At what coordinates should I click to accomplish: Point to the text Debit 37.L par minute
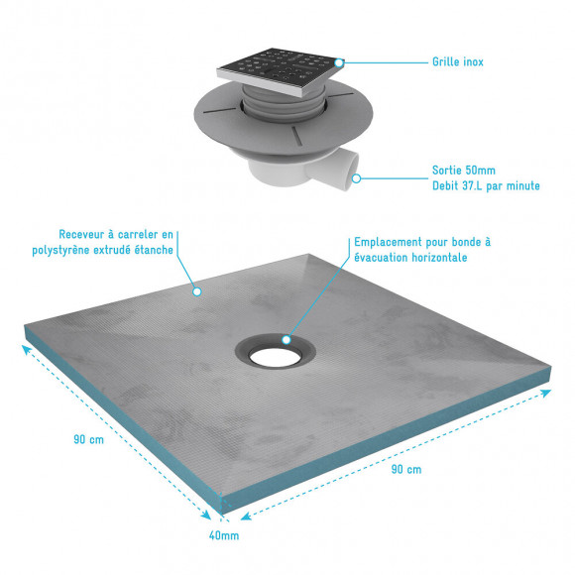487,185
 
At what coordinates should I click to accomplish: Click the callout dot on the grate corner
339,62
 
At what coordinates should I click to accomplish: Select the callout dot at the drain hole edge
287,339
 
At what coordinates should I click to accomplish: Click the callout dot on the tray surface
196,291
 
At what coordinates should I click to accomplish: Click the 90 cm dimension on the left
89,439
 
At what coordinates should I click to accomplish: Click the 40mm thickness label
224,535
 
